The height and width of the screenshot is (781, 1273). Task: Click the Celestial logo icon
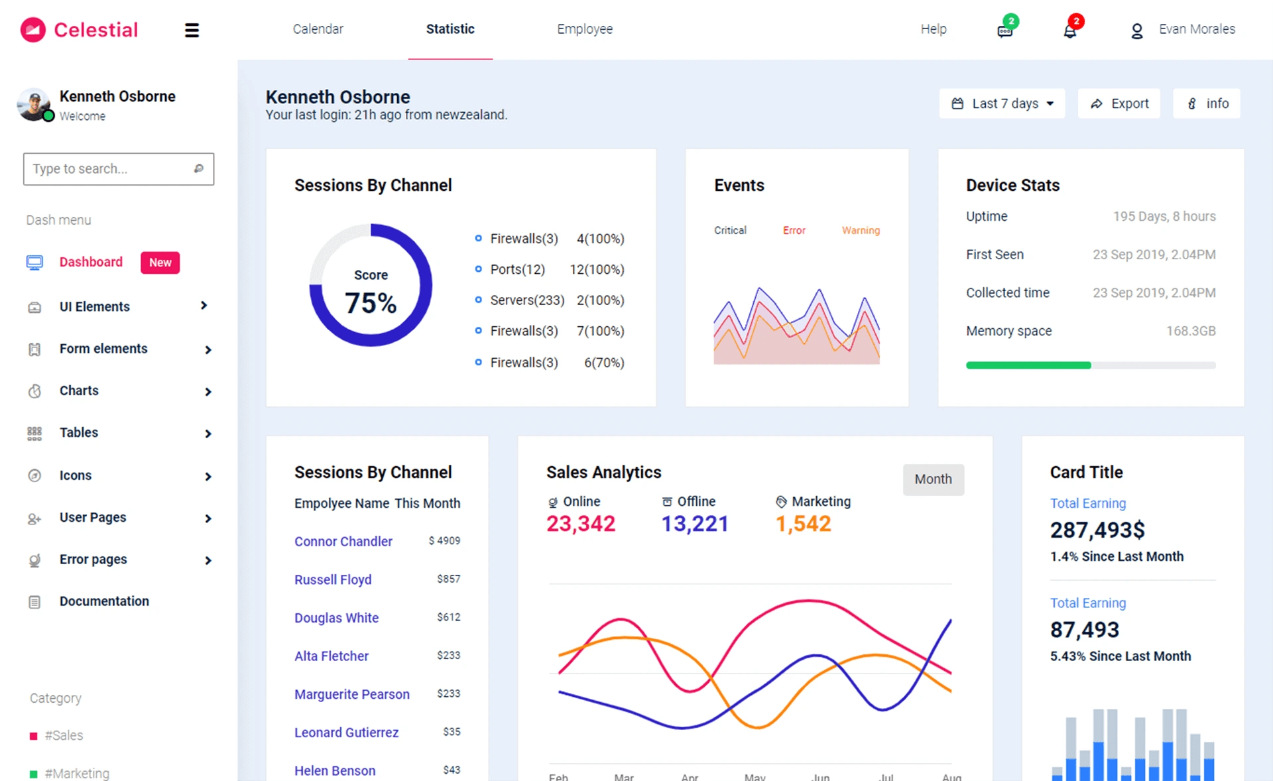(32, 30)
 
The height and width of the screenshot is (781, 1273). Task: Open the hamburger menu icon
(192, 30)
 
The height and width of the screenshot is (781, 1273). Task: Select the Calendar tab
(318, 29)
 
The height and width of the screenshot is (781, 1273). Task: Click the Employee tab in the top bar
(585, 29)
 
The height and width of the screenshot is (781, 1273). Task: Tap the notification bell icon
(1069, 30)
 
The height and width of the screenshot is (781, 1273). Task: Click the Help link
(933, 29)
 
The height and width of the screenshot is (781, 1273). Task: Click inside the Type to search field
(109, 169)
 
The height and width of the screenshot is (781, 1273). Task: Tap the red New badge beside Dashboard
(160, 263)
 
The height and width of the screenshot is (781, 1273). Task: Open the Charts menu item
(79, 390)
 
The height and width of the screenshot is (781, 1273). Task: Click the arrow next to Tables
(208, 434)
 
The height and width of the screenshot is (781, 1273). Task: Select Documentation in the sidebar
(104, 601)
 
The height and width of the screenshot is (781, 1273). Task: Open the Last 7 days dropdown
(1002, 103)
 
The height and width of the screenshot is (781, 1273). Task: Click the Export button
(1119, 103)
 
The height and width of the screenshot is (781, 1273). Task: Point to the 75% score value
(371, 304)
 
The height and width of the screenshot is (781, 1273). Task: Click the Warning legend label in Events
(861, 230)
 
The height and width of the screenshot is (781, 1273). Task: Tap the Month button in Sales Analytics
(933, 479)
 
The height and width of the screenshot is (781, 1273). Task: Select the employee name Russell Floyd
(333, 579)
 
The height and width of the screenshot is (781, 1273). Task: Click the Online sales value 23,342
(581, 524)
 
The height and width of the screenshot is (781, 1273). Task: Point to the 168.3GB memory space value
(1191, 331)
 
